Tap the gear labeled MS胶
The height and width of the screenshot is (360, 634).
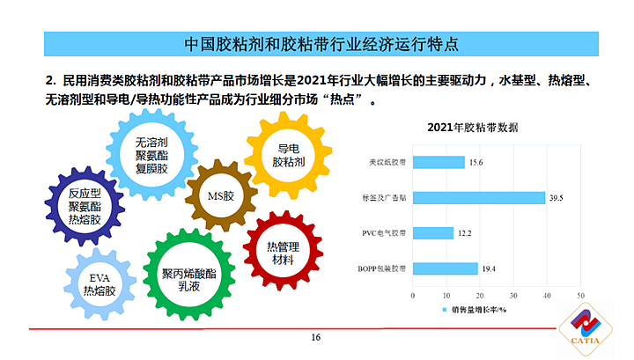click(219, 195)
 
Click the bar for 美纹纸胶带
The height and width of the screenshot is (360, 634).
click(438, 162)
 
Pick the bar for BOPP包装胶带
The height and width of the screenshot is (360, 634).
click(444, 268)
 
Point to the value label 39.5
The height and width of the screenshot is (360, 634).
click(556, 199)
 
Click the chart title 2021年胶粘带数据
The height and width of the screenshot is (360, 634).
click(472, 128)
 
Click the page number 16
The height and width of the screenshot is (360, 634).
click(317, 339)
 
